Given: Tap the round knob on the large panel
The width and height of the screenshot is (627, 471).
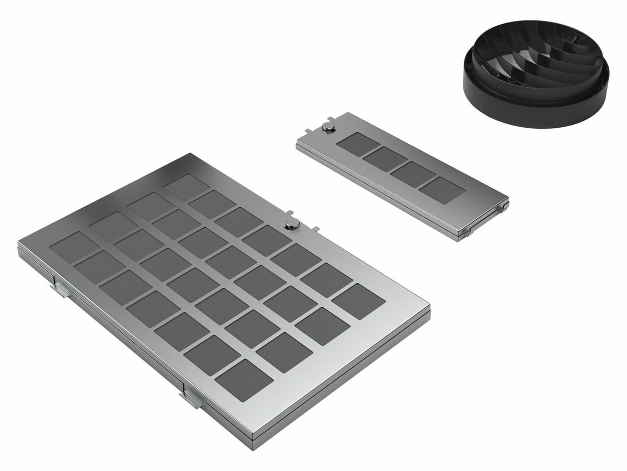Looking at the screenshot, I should click(292, 225).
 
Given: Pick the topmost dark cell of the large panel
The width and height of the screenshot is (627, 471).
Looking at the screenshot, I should click(186, 186).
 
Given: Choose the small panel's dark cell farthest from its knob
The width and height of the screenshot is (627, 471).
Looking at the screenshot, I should click(442, 190).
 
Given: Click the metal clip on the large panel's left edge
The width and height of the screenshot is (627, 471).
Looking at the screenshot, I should click(60, 288).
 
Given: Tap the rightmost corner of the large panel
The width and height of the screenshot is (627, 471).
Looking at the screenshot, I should click(430, 312).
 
